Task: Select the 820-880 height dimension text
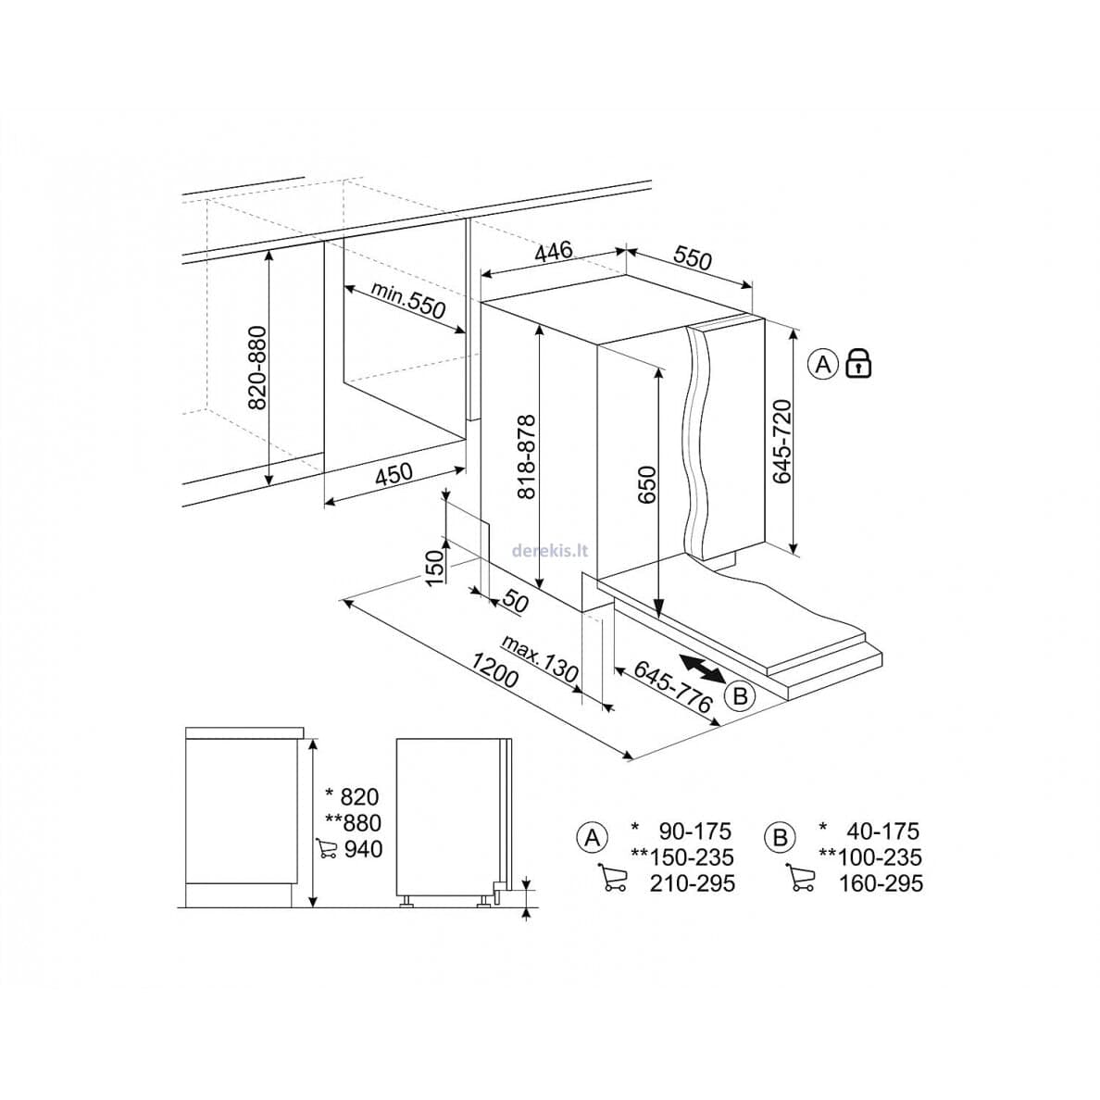coord(258,368)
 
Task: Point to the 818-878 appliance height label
coord(526,456)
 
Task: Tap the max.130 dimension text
coord(540,659)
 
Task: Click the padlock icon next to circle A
coord(858,363)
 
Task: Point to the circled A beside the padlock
coord(823,364)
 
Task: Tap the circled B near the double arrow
coord(740,696)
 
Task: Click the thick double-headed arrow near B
coord(702,668)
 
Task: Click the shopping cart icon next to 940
coord(326,848)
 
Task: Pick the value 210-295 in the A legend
coord(692,883)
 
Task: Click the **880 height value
coord(354,822)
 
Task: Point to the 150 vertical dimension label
coord(436,568)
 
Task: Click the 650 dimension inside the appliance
coord(646,485)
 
